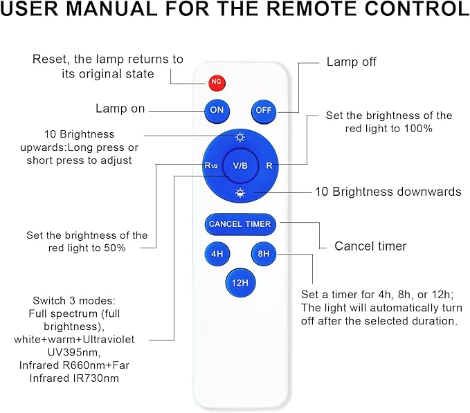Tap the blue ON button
217,110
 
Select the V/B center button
240,165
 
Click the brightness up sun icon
240,137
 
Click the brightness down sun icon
240,193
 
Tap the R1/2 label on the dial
212,166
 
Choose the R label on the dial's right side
270,166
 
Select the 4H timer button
217,254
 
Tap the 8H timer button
264,254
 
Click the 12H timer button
240,282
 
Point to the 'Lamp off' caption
352,62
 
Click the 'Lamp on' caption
120,109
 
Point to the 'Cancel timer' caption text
370,246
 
